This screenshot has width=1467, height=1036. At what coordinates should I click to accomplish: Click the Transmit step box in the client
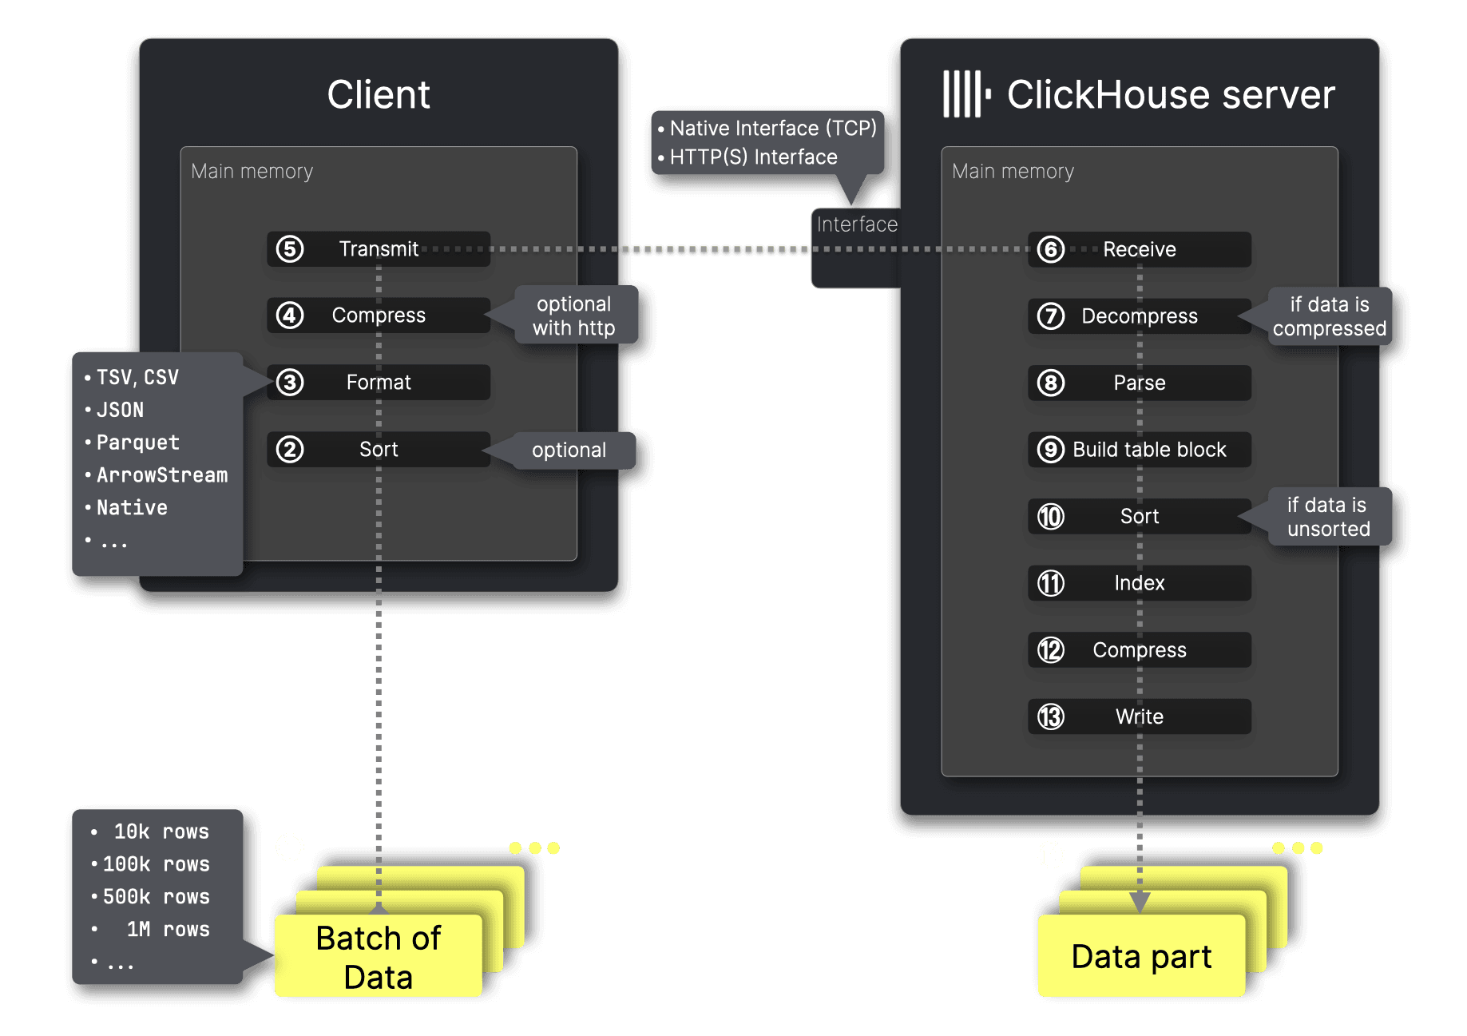tap(379, 249)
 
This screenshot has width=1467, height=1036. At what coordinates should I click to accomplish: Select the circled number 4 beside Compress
tap(290, 316)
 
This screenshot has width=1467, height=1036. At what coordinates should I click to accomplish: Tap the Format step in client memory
tap(379, 383)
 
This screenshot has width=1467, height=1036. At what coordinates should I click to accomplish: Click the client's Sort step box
tap(379, 450)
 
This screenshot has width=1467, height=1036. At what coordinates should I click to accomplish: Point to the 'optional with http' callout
tap(574, 316)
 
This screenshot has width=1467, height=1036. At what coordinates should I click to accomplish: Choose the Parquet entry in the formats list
tap(137, 443)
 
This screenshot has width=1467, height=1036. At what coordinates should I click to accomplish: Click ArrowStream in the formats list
tap(161, 475)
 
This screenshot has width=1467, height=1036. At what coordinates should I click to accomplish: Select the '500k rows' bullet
tap(156, 897)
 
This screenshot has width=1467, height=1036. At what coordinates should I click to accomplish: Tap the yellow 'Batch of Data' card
tap(378, 957)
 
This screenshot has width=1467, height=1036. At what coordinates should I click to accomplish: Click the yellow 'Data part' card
tap(1141, 957)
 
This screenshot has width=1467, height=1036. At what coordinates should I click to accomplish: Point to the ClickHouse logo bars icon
tap(965, 94)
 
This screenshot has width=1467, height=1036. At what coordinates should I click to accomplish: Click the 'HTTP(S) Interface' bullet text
tap(753, 157)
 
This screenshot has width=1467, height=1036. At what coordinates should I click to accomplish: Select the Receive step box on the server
tap(1139, 250)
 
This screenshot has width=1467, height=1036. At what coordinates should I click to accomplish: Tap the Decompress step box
tap(1139, 316)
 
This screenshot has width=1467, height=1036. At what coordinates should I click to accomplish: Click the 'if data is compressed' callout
tap(1329, 316)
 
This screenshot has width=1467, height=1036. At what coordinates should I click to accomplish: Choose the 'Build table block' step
tap(1139, 450)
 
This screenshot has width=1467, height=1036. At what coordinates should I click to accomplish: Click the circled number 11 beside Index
tap(1051, 583)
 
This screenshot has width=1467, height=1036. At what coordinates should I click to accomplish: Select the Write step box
tap(1139, 716)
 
